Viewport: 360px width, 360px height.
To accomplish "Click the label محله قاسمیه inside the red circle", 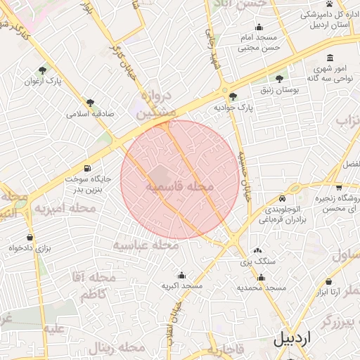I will coord(179,188).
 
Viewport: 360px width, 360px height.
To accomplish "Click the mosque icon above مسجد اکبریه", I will coord(181,275).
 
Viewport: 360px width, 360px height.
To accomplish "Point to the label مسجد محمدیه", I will coord(261,288).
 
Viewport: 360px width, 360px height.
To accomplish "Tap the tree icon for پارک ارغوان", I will coord(43,70).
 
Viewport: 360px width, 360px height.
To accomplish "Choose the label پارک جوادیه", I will coord(233,108).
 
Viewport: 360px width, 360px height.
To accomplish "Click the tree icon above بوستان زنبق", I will coord(280,79).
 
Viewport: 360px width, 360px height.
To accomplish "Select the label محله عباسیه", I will coord(145,245).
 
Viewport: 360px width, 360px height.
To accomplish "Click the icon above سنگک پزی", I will coord(257,250).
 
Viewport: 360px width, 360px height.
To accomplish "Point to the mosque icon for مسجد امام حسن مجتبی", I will coord(259,27).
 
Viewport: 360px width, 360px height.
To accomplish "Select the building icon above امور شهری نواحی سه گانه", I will coord(330,58).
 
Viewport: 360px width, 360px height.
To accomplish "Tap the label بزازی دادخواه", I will coord(30,248).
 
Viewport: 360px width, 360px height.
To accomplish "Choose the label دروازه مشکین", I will coord(153,105).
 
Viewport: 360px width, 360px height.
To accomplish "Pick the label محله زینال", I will coord(116,348).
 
